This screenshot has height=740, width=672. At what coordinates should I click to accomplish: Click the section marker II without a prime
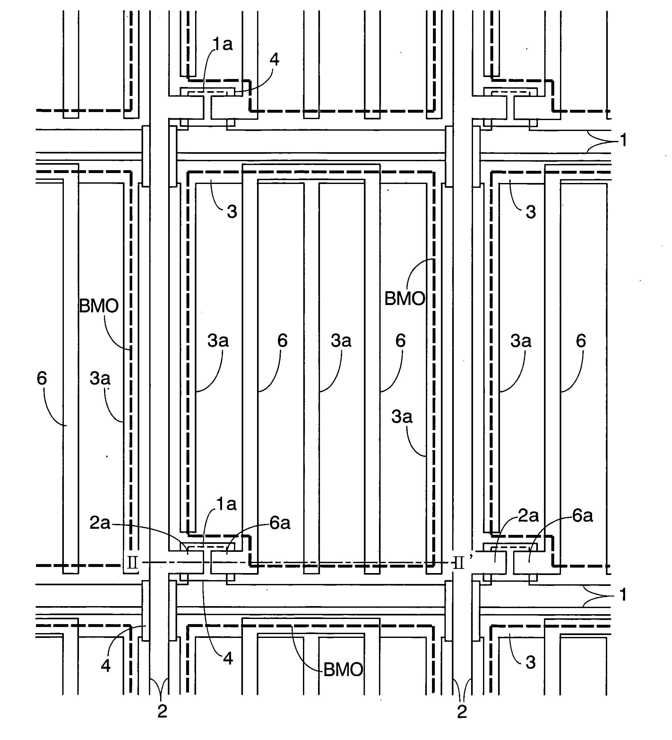click(x=132, y=563)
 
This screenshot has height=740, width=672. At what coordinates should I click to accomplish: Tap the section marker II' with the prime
click(x=461, y=562)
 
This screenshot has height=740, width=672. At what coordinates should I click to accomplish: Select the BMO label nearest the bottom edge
click(x=343, y=670)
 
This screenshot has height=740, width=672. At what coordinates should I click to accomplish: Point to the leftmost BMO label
click(x=99, y=306)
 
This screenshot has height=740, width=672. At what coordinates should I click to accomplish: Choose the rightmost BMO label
click(x=405, y=299)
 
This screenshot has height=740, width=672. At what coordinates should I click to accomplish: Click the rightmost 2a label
click(x=529, y=516)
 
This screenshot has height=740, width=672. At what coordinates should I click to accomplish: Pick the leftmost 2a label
click(x=100, y=523)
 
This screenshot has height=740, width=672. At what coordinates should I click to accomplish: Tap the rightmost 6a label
click(x=583, y=516)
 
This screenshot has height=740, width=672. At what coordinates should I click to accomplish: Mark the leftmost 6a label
click(x=280, y=523)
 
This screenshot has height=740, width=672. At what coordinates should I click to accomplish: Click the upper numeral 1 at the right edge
click(x=623, y=141)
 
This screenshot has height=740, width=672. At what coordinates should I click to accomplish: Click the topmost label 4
click(x=274, y=59)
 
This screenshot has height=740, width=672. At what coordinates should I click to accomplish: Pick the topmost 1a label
click(x=223, y=44)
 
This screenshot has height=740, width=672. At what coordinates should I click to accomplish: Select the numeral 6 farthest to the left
click(x=42, y=378)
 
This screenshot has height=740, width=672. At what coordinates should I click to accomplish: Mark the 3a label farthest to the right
click(x=521, y=341)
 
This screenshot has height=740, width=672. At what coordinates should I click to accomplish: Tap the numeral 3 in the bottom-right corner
click(x=531, y=663)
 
